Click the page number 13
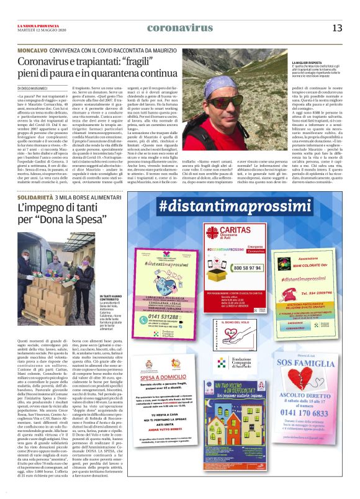(x=337, y=28)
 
